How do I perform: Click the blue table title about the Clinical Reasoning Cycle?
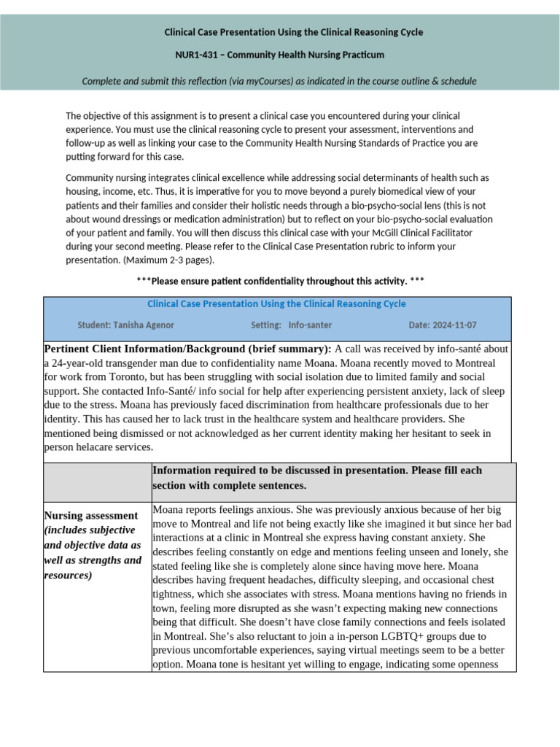[x=276, y=303]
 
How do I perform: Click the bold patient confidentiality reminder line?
[x=280, y=281]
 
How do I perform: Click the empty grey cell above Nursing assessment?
[x=98, y=481]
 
